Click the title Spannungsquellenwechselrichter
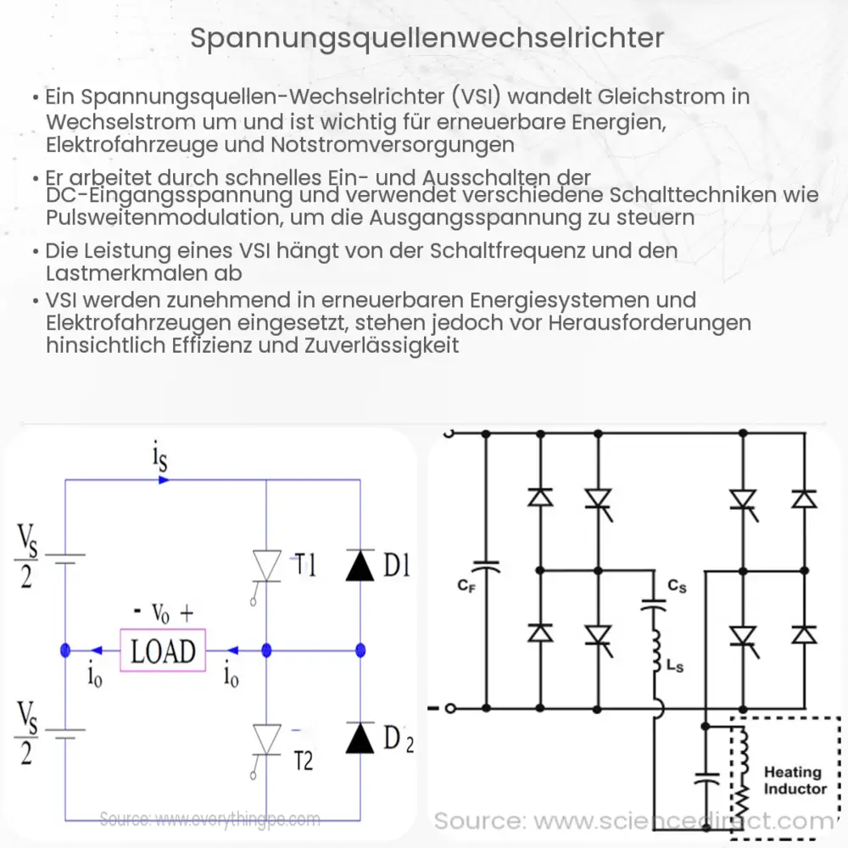[424, 38]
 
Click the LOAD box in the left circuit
[163, 650]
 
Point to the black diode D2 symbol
[360, 739]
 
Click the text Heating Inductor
[794, 780]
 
